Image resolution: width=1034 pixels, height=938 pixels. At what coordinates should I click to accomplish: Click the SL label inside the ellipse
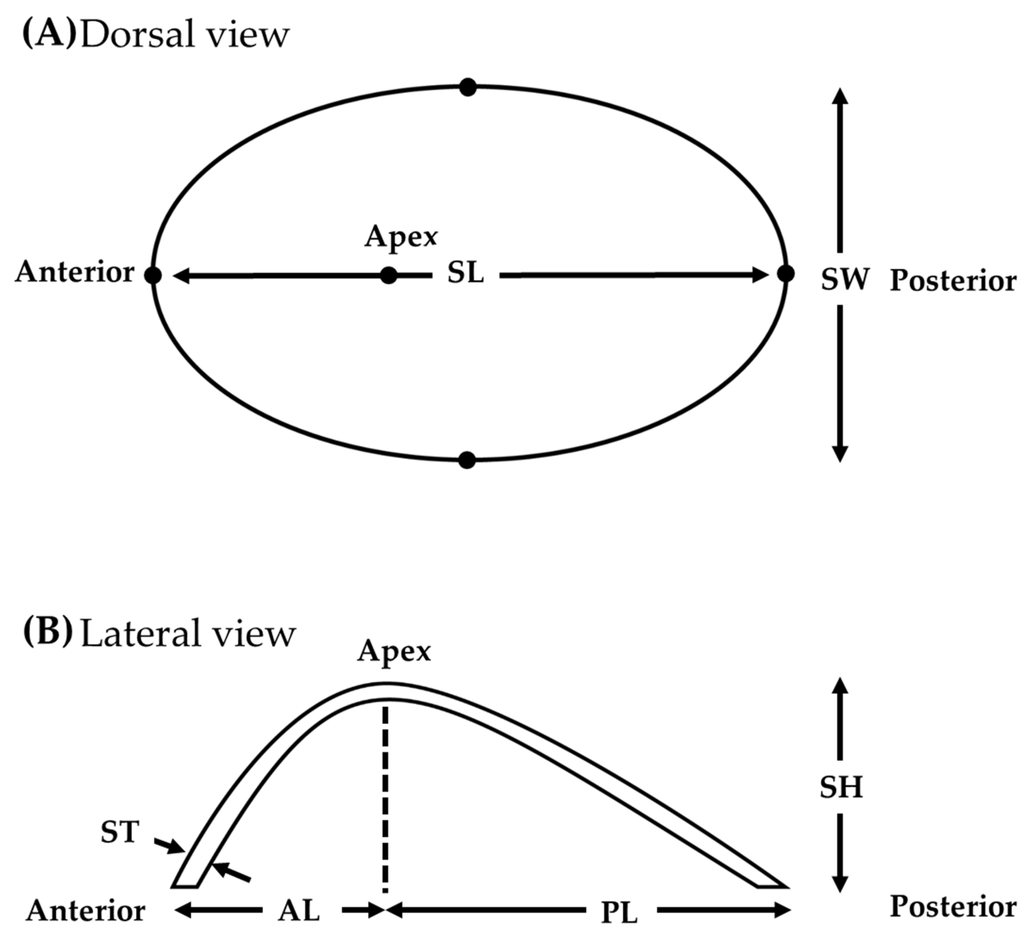(x=465, y=273)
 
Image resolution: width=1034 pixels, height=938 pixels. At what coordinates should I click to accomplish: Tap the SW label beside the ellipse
(x=844, y=280)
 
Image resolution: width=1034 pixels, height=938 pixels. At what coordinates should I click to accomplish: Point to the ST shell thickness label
(x=120, y=832)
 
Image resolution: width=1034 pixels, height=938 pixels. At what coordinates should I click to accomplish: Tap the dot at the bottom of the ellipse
(x=467, y=460)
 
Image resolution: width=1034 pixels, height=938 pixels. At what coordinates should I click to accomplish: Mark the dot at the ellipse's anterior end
(x=153, y=275)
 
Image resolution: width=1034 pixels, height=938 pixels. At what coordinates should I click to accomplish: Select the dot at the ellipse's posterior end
(x=785, y=274)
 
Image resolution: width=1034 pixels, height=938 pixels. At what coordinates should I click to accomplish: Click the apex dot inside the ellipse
(x=389, y=275)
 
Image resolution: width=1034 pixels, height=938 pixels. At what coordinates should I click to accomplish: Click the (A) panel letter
(x=49, y=34)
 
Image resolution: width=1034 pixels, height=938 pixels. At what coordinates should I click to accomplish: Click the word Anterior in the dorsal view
(x=75, y=272)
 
